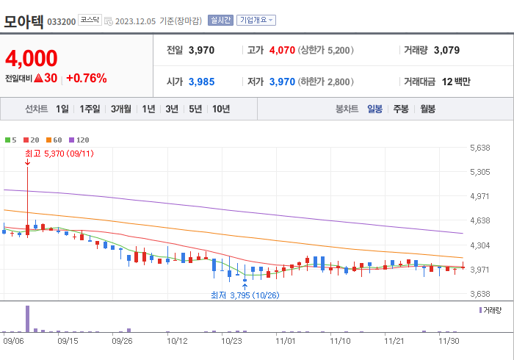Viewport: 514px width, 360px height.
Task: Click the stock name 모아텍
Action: (x=23, y=20)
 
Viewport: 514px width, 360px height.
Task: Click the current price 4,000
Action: (x=32, y=58)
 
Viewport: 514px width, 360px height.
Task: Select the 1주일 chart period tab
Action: (x=90, y=109)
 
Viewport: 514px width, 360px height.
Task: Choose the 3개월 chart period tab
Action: (x=121, y=109)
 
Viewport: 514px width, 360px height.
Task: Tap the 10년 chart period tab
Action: (x=220, y=109)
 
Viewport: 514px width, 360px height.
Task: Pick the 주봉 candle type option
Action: (x=401, y=109)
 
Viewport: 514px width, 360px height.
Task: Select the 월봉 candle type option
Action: (x=427, y=109)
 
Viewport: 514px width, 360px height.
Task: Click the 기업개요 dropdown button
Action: (x=256, y=20)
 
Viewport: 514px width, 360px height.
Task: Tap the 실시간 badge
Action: (x=220, y=20)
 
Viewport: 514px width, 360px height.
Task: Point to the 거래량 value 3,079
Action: (x=446, y=50)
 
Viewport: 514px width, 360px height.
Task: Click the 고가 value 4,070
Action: (x=282, y=50)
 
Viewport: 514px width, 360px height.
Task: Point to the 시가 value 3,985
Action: (x=201, y=81)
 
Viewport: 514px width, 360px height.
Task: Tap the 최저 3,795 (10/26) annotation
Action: (x=245, y=295)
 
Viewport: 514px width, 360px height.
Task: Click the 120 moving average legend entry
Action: (x=79, y=140)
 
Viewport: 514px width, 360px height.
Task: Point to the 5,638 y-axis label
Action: (x=479, y=148)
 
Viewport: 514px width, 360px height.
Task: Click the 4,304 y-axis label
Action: (x=479, y=245)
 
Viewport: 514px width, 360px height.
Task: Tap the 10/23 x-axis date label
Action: (x=231, y=341)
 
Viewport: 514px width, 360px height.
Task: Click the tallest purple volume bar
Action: (x=28, y=319)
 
